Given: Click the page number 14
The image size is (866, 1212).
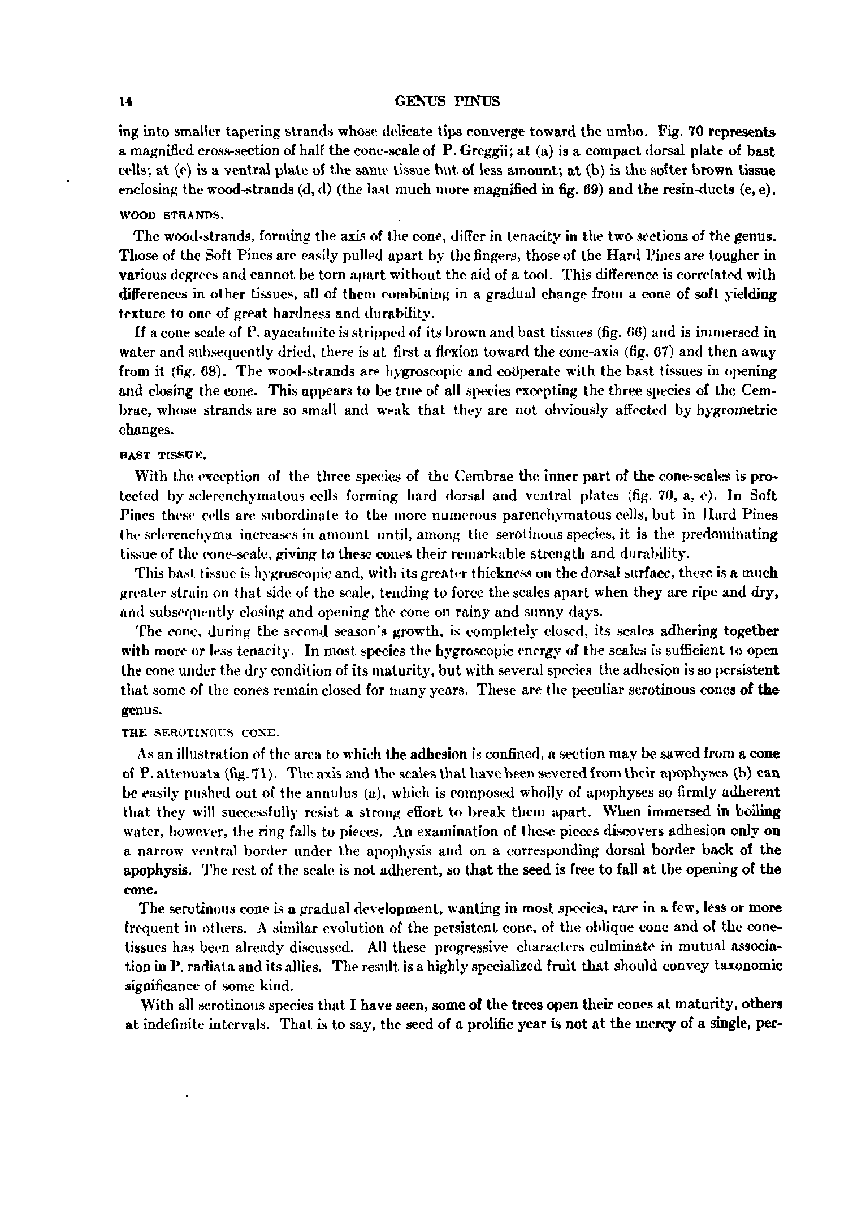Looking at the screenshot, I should (125, 102).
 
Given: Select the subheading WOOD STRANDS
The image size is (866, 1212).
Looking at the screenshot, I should (172, 215).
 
